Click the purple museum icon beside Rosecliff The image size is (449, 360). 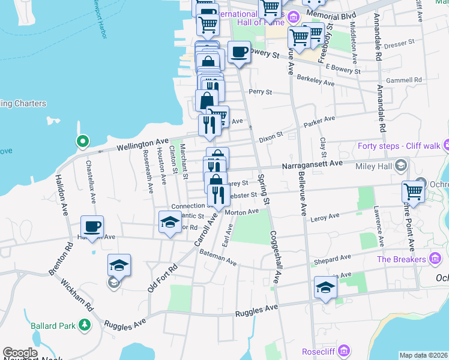click(344, 350)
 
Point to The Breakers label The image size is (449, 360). click(400, 259)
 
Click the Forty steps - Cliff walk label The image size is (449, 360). click(399, 146)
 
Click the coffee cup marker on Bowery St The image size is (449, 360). click(239, 52)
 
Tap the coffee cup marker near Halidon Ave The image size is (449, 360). click(92, 227)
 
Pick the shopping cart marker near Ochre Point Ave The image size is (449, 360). click(414, 191)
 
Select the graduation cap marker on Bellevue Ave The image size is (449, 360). click(325, 288)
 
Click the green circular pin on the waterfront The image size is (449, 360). click(83, 142)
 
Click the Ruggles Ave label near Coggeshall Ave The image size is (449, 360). click(257, 311)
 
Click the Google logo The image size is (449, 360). click(20, 353)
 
